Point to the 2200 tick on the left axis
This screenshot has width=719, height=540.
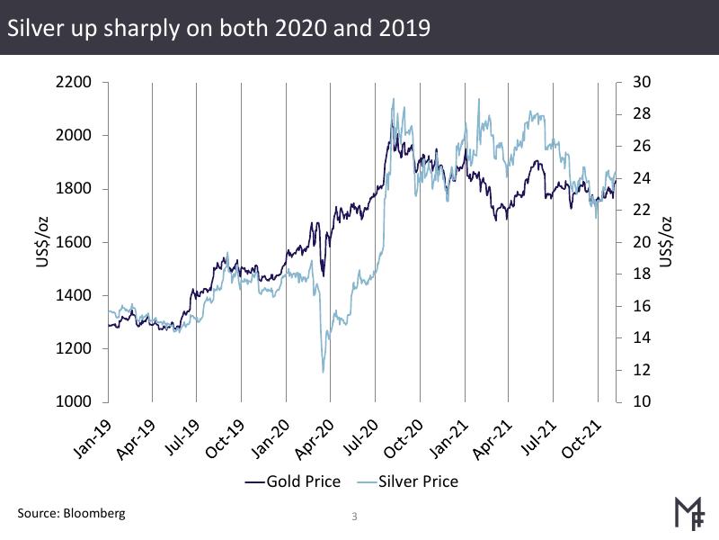(x=74, y=83)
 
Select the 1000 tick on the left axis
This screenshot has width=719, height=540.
(x=74, y=402)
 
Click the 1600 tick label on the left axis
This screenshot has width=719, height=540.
(x=74, y=242)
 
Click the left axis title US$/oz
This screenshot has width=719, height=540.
(x=30, y=241)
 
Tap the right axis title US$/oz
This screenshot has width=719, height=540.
(x=666, y=241)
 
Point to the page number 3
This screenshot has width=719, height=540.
(x=354, y=517)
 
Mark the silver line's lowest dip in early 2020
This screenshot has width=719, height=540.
(x=322, y=371)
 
